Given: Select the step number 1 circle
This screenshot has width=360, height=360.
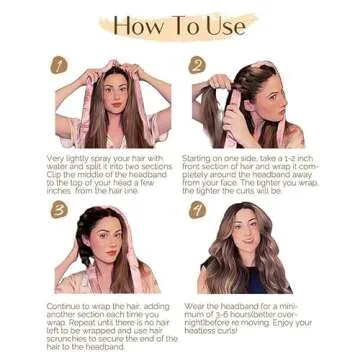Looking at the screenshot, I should (x=59, y=66).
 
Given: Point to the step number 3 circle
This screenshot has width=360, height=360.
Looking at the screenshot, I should (x=59, y=211).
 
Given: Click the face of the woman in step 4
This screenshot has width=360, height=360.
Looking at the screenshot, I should (x=247, y=235).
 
